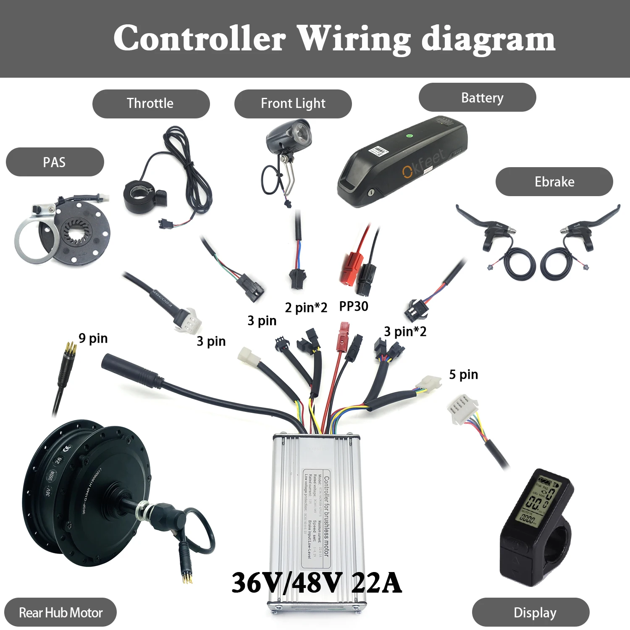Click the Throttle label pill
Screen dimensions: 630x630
coord(150,103)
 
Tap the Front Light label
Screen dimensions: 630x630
coord(293,103)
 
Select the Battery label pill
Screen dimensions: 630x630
coord(482,97)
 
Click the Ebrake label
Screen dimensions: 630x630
coord(554,181)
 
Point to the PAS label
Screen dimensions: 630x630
coord(54,162)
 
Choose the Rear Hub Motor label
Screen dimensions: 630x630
coord(60,612)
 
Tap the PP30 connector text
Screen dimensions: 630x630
coord(353,306)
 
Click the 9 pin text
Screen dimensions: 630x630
coord(93,338)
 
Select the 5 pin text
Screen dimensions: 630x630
coord(463,374)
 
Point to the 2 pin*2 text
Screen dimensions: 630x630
coord(306,307)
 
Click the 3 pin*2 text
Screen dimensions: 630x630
coord(405,331)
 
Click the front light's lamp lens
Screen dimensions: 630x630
coord(300,134)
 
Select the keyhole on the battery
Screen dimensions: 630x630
coord(371,193)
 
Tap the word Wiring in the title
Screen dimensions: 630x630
coord(354,39)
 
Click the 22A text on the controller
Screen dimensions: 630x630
coord(376,583)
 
